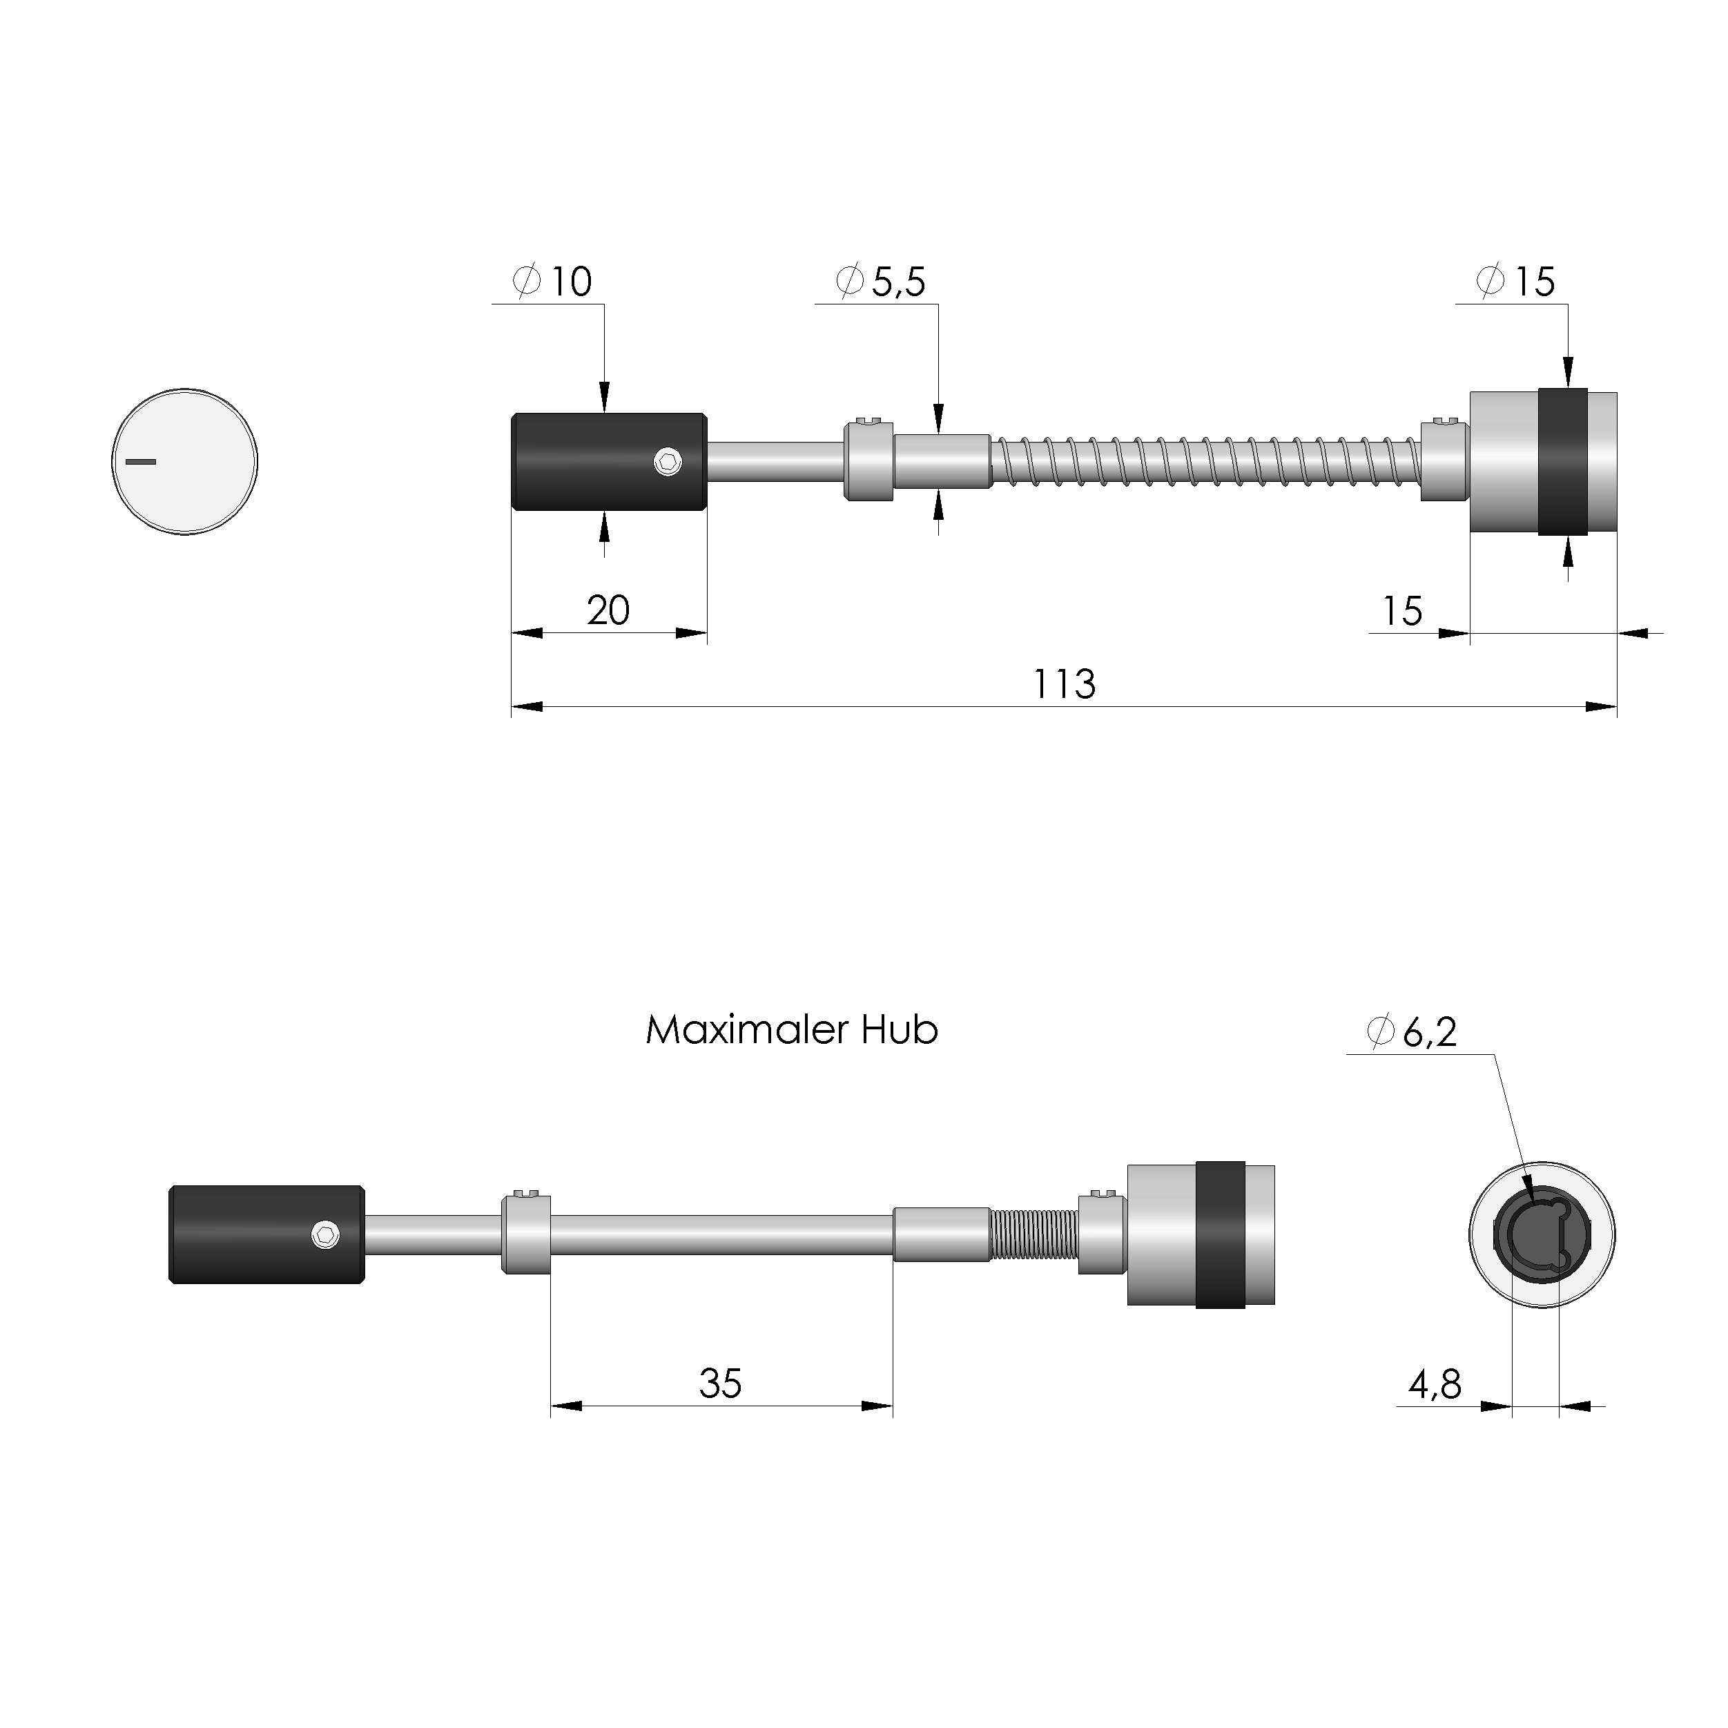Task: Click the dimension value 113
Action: [x=1063, y=684]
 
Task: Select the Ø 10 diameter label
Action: [x=553, y=282]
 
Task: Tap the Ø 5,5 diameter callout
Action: [x=881, y=282]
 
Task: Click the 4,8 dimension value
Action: [x=1435, y=1386]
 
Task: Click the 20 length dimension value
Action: [x=608, y=611]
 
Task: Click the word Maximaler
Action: [x=747, y=1030]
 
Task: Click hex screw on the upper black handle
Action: [x=667, y=462]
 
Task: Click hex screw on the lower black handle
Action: [x=326, y=1235]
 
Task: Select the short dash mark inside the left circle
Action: [x=140, y=462]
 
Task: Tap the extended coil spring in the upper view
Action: [x=1203, y=462]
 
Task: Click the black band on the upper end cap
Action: [x=1562, y=462]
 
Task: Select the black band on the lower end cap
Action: [x=1220, y=1235]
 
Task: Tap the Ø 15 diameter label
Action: [x=1516, y=282]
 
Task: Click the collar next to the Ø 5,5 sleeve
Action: [x=868, y=462]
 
